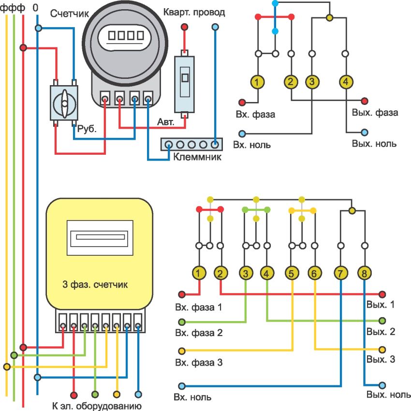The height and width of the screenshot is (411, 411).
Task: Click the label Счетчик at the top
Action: point(67,13)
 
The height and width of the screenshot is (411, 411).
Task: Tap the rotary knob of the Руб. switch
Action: point(64,103)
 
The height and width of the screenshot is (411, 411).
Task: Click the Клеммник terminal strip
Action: point(191,144)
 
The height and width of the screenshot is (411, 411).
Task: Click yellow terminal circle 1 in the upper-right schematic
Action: point(259,82)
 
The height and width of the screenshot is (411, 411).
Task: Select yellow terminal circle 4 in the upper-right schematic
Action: point(345,82)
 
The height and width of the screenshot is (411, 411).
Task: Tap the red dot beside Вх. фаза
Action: point(242,102)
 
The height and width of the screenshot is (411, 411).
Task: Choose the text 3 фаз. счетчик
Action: point(95,284)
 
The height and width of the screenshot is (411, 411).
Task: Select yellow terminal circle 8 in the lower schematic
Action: point(364,274)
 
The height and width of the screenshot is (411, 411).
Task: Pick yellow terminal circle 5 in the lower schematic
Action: point(292,274)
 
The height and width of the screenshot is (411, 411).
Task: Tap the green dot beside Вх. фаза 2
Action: point(182,322)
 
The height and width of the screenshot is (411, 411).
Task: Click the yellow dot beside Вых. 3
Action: point(382,349)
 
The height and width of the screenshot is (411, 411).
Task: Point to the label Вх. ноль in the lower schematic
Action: point(194,397)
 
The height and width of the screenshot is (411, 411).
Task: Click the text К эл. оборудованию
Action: point(96,405)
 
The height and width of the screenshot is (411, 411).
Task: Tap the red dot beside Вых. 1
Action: point(382,294)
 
